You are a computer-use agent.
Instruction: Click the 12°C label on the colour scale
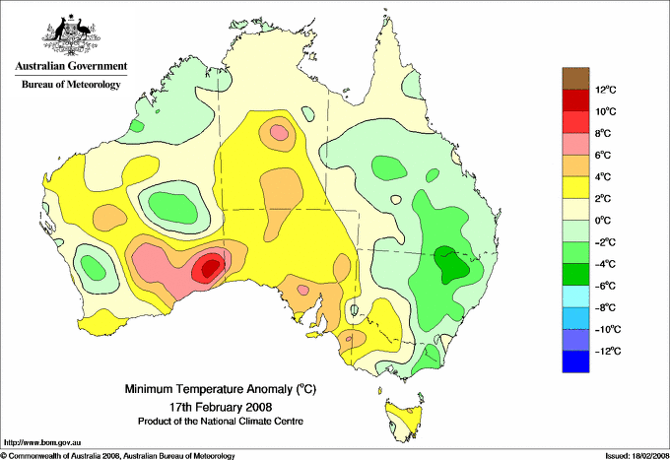(x=606, y=90)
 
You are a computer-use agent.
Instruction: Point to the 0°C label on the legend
(x=603, y=221)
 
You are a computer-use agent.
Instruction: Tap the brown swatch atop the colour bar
(x=575, y=79)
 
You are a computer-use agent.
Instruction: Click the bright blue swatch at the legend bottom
(x=575, y=361)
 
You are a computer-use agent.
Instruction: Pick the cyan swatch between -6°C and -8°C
(x=575, y=296)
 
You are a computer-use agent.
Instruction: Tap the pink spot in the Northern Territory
(x=280, y=132)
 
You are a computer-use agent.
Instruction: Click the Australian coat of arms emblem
(x=71, y=34)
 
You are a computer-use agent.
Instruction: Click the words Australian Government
(x=71, y=66)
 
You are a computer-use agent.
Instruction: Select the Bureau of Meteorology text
(x=71, y=84)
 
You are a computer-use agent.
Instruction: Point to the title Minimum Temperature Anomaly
(x=220, y=389)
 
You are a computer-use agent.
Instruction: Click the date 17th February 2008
(x=221, y=406)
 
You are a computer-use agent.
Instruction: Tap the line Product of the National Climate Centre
(x=221, y=422)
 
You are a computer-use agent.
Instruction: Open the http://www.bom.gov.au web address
(x=41, y=443)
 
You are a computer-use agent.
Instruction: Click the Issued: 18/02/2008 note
(x=636, y=456)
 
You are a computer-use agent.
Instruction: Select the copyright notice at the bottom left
(x=118, y=456)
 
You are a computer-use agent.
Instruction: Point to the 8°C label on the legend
(x=603, y=133)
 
